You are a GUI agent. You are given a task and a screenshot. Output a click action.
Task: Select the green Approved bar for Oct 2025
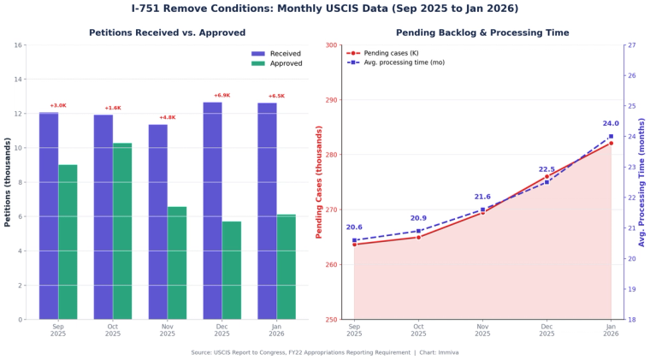tap(122, 231)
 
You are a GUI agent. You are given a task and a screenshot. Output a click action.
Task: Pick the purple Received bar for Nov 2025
tap(157, 221)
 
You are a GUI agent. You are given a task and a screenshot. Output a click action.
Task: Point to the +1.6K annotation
tap(113, 108)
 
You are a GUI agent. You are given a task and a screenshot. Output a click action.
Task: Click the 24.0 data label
tap(610, 124)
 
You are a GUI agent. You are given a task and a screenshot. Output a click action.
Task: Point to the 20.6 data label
tap(354, 227)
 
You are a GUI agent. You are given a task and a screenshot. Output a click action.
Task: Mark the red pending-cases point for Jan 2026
tap(611, 143)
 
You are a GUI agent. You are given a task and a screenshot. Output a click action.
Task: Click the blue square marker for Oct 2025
tap(418, 231)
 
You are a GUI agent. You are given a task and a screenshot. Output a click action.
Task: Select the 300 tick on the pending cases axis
tap(333, 45)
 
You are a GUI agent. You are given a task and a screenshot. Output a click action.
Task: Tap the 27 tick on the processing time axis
tap(630, 45)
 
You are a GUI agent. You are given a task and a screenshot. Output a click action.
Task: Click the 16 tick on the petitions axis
tap(18, 45)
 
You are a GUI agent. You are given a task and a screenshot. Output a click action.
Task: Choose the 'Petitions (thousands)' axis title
tap(8, 181)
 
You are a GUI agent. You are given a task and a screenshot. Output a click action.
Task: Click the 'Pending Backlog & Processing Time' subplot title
tap(482, 32)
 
